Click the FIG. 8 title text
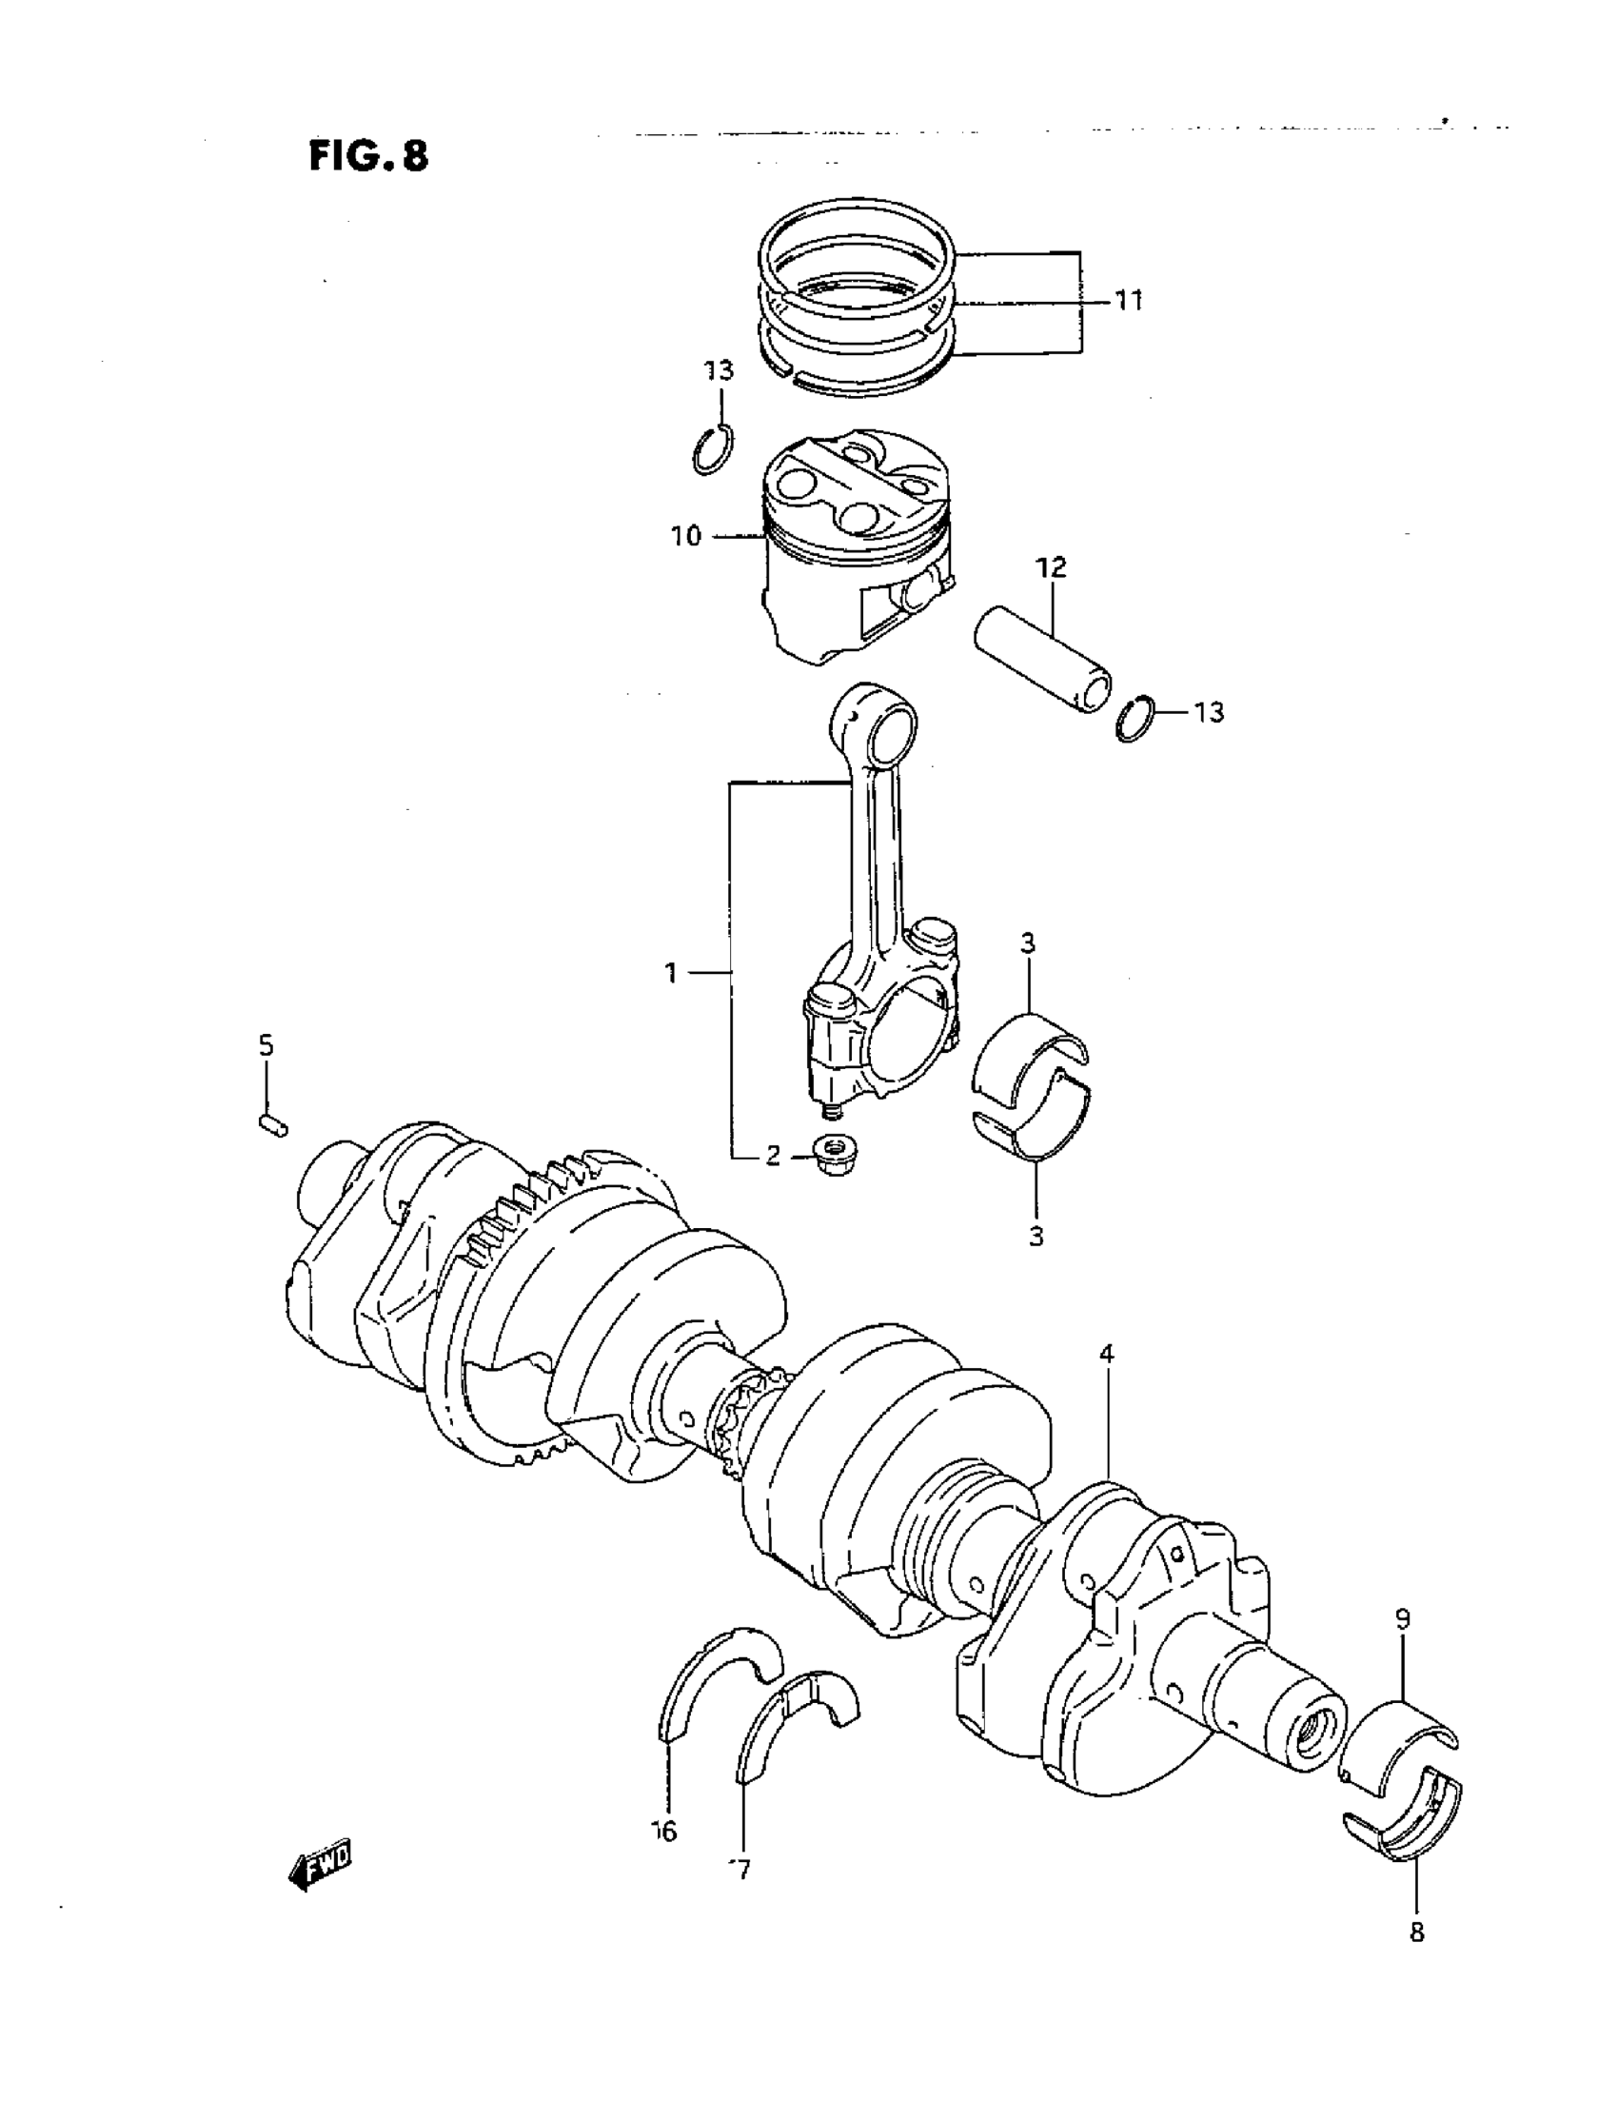point(368,154)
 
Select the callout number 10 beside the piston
point(687,536)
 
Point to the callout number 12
point(1052,566)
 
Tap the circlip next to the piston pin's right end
point(1136,718)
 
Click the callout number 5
point(266,1044)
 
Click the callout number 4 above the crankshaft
point(1106,1355)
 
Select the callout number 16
point(664,1832)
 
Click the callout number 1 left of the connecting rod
point(671,974)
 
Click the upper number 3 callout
point(1027,943)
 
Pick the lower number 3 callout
point(1036,1237)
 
